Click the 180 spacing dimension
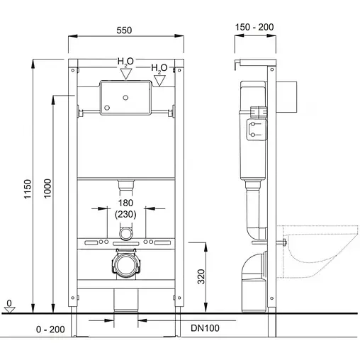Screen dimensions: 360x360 tap(126, 203)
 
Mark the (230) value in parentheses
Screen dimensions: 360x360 tap(126, 215)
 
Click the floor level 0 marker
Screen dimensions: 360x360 tap(9, 303)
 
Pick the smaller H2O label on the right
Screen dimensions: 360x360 tap(160, 68)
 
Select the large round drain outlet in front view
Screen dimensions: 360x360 tap(126, 266)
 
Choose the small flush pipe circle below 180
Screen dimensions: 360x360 tap(126, 232)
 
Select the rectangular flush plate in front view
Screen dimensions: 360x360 tap(125, 98)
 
